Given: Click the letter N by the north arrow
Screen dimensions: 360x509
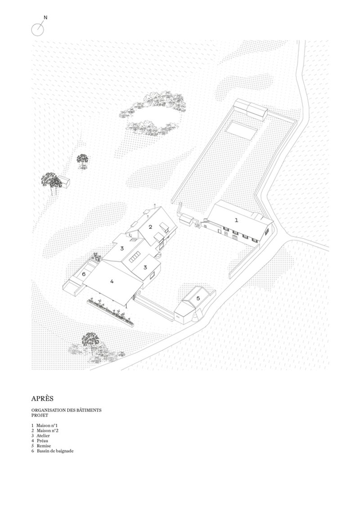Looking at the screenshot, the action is tap(45, 18).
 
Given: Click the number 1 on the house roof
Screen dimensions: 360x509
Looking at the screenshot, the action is tap(237, 220).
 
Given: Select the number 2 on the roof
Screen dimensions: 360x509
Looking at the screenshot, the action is tap(150, 227).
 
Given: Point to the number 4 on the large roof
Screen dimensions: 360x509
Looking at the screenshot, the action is tap(112, 281).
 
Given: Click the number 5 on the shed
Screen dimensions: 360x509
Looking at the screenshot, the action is tap(198, 298).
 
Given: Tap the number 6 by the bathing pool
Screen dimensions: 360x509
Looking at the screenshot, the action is tap(84, 274).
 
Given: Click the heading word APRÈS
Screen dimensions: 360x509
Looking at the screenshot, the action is tap(42, 398).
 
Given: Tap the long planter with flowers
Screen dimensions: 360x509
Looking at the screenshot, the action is tap(110, 312).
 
